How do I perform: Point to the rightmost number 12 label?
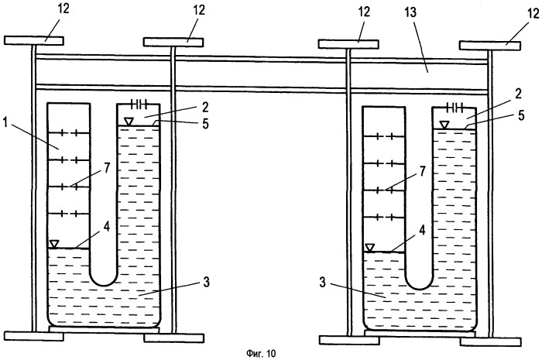530,13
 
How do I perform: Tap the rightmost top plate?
489,45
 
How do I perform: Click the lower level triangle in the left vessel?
53,244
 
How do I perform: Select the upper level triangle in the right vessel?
444,125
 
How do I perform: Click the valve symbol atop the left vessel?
140,104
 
